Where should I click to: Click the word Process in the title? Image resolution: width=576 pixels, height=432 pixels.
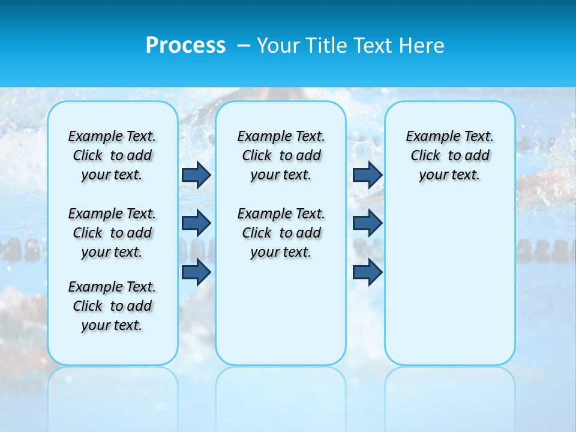click(x=185, y=46)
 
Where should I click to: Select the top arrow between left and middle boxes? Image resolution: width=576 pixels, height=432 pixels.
click(x=196, y=175)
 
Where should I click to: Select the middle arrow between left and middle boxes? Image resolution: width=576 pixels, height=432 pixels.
click(x=196, y=223)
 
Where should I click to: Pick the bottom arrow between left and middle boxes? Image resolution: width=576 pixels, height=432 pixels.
click(x=196, y=272)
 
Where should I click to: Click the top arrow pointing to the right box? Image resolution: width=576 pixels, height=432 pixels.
click(x=367, y=175)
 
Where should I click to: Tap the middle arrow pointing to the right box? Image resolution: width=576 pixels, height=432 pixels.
click(x=367, y=223)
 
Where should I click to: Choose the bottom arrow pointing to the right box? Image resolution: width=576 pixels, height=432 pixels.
click(x=367, y=272)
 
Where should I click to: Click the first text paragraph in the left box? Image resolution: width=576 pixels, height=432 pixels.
click(x=112, y=155)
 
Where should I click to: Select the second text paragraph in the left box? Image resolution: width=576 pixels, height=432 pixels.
click(x=112, y=233)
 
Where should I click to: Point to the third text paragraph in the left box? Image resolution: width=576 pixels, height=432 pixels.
click(x=112, y=306)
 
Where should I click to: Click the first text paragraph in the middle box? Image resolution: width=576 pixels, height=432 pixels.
click(x=281, y=155)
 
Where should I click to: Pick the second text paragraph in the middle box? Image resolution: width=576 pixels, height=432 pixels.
click(x=281, y=233)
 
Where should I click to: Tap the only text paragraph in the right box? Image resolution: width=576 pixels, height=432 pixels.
click(x=450, y=155)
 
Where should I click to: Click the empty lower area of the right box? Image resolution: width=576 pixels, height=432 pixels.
click(x=450, y=288)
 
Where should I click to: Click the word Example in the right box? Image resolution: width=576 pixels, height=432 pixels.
click(x=429, y=136)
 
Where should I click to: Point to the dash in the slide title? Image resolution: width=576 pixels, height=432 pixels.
click(x=244, y=46)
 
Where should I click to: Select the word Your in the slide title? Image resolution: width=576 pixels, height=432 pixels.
click(x=278, y=46)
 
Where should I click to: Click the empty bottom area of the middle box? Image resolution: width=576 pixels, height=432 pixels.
click(x=281, y=318)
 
